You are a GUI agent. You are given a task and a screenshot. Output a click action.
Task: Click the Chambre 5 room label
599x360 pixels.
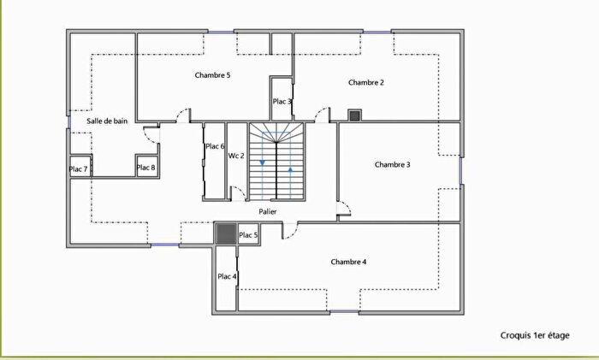point(212,75)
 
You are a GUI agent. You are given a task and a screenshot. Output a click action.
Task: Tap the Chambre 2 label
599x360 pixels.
point(365,82)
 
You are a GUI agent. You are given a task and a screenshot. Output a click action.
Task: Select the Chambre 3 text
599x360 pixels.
point(393,164)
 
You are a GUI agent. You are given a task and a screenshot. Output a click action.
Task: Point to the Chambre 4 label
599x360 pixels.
point(348,261)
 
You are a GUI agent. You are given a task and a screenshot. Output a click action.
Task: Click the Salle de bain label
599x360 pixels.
point(107,121)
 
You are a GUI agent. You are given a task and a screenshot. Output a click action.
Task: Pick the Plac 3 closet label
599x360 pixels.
point(282,102)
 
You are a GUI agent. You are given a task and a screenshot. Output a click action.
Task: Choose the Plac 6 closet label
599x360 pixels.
point(214,146)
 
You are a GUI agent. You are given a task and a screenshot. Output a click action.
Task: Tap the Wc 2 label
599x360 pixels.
point(236,156)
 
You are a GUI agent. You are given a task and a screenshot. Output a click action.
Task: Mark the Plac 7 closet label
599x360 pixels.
point(79,169)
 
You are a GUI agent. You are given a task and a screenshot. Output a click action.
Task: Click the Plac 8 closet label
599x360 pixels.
point(146,168)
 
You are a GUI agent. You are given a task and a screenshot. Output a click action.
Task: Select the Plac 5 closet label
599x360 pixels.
point(248,235)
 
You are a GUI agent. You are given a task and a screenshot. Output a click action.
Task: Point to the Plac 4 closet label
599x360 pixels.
point(227,276)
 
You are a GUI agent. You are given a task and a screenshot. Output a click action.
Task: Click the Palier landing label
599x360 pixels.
point(267,211)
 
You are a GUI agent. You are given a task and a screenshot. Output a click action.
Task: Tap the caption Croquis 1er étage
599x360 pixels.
point(535,336)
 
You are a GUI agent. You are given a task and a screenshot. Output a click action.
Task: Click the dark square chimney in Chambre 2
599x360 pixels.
point(354,115)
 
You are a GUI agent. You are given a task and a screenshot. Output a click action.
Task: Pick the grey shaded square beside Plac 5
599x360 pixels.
point(225,233)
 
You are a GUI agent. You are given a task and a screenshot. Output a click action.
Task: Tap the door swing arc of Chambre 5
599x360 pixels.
point(181,114)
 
